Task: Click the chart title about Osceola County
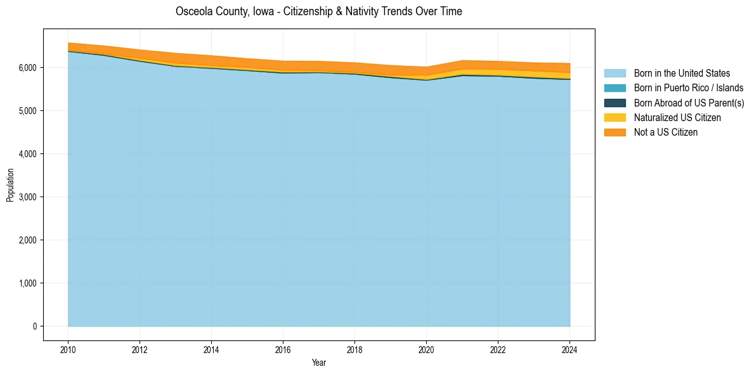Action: coord(318,11)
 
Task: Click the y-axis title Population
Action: coord(10,185)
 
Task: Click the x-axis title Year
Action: coord(319,363)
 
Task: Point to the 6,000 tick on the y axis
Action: coord(27,68)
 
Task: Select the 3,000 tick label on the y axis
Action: coord(27,197)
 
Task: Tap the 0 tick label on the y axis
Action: coord(34,326)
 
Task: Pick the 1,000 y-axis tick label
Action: coord(27,283)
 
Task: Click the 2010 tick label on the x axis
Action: coord(68,349)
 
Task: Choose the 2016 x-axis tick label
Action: coord(283,349)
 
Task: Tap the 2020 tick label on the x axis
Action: coord(426,349)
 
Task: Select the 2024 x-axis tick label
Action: coord(569,349)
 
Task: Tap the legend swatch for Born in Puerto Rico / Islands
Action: coord(614,88)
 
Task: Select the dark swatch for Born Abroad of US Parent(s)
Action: coord(614,103)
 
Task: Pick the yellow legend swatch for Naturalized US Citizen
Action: coord(614,117)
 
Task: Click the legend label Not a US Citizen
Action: coord(665,132)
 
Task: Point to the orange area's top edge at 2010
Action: coord(68,43)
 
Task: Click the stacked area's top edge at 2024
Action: coord(569,63)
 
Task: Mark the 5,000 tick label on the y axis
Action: coord(27,111)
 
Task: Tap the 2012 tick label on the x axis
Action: coord(140,349)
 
